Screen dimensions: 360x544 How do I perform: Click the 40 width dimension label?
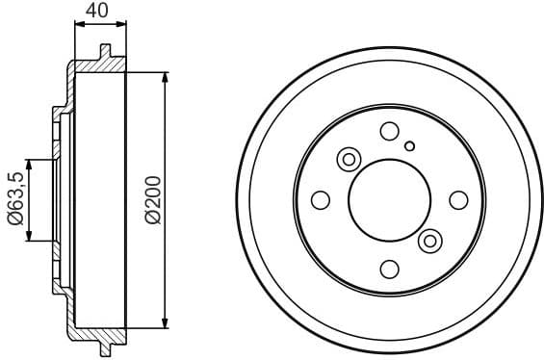pos(97,11)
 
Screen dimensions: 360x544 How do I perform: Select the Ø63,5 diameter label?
pos(14,199)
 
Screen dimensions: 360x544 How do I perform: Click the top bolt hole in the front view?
pos(390,131)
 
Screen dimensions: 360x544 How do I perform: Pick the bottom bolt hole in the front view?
pos(390,269)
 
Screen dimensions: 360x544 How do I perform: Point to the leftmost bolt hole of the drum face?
pos(322,200)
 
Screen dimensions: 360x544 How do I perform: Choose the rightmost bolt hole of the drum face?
pos(459,200)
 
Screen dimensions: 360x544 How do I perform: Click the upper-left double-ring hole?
pos(349,159)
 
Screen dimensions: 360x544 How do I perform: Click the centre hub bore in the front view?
pos(390,200)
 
